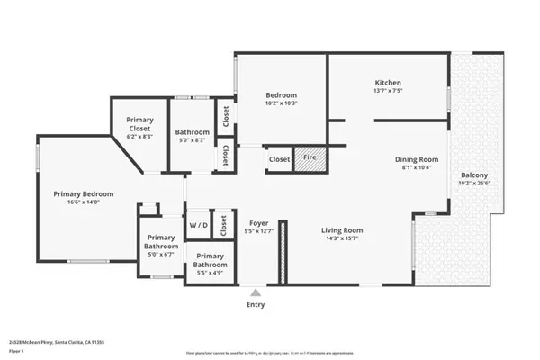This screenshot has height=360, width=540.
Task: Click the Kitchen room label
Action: (x=387, y=81)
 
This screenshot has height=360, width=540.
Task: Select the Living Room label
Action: (x=343, y=229)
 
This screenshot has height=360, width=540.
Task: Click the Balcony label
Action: (x=474, y=175)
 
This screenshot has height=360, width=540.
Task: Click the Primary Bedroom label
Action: (x=83, y=193)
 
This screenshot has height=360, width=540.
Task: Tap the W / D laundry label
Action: (x=197, y=224)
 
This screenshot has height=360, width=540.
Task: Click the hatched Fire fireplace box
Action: (x=310, y=157)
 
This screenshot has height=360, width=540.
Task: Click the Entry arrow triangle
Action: (x=256, y=292)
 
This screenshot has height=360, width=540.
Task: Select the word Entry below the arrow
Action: (x=256, y=306)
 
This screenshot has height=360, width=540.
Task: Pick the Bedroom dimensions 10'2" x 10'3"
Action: (x=281, y=103)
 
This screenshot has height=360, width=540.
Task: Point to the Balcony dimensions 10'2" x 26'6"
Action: (x=474, y=184)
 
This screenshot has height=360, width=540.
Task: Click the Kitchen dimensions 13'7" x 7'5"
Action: (x=387, y=90)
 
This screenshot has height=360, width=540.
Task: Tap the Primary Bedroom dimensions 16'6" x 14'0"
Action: (x=83, y=202)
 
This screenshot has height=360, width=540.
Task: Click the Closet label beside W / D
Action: (x=223, y=227)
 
